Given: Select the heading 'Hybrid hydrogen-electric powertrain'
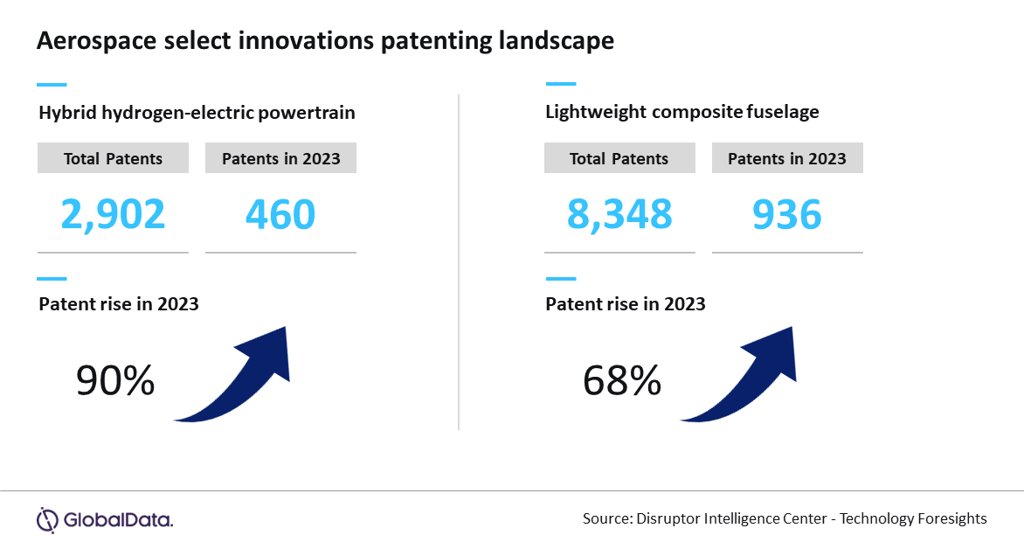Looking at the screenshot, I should click(x=197, y=113).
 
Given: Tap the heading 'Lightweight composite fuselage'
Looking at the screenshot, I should click(x=682, y=112).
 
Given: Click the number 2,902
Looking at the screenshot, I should click(x=113, y=214).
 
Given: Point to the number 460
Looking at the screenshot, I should click(x=280, y=214).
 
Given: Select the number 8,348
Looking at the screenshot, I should click(x=619, y=214).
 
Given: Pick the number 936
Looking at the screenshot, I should click(x=786, y=214).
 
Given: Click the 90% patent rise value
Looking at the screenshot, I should click(x=115, y=381).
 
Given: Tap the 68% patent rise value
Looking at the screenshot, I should click(x=621, y=381).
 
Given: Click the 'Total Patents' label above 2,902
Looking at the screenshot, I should click(x=113, y=159).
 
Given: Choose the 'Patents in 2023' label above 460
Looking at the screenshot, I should click(x=280, y=159).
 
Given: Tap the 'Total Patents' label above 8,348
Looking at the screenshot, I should click(x=619, y=159).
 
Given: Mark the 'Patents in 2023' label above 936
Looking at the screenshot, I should click(x=787, y=159).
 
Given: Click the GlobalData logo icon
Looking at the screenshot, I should click(x=46, y=519).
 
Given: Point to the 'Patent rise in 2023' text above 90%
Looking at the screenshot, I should click(x=119, y=304).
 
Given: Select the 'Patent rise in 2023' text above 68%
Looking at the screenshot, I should click(x=626, y=304).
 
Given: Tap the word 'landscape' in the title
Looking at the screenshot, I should click(x=558, y=41).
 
